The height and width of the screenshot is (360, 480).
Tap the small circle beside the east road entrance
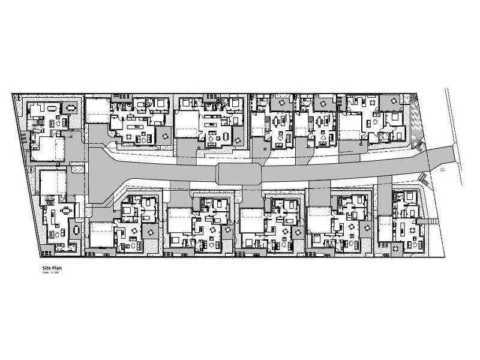coord(442,170)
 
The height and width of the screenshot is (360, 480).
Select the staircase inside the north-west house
coord(37,125)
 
